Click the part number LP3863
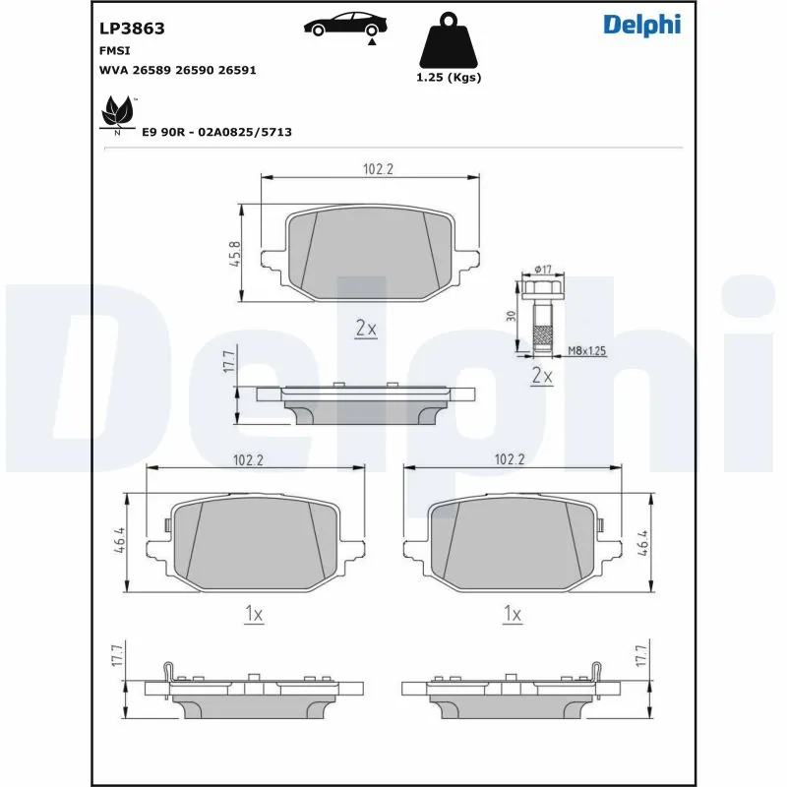coord(132,29)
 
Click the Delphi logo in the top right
coord(641,26)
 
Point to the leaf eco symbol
coord(118,113)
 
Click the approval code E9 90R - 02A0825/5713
coord(217,131)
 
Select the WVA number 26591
coord(238,70)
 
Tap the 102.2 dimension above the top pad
coord(378,169)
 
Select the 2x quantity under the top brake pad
coord(366,329)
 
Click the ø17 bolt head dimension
coord(543,270)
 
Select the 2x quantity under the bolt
coord(542,376)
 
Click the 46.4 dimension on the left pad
coord(118,541)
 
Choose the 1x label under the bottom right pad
coord(512,614)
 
